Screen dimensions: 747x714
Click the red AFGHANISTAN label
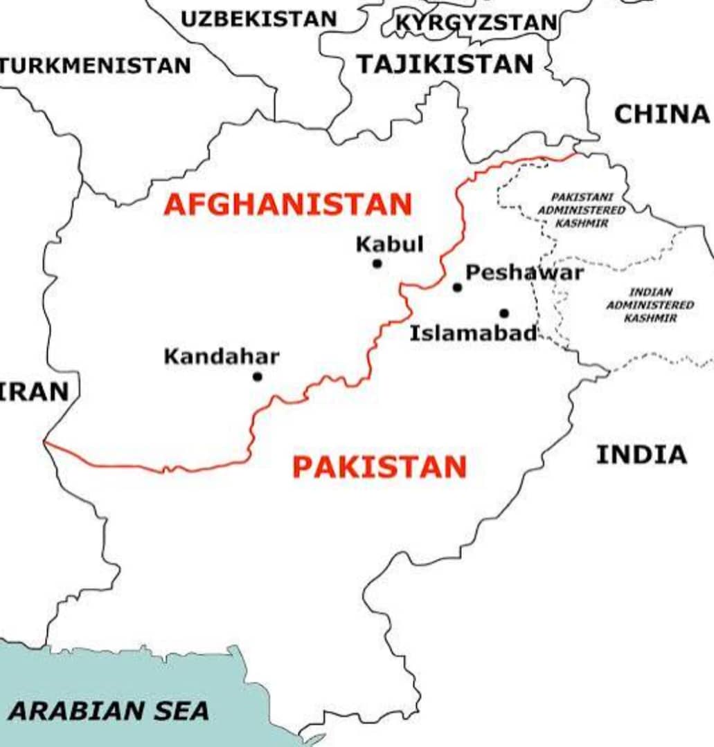[x=288, y=205]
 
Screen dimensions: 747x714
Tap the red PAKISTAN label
[x=380, y=468]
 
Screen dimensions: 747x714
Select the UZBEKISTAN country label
[x=258, y=19]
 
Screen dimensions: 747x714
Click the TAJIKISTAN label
[x=445, y=64]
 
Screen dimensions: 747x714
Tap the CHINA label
[x=662, y=114]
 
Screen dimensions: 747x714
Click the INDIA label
[x=641, y=455]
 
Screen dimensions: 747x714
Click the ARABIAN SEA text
[x=109, y=710]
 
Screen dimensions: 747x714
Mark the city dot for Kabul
[x=377, y=264]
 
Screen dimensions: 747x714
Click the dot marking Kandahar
[x=258, y=377]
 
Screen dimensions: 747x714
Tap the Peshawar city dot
[x=457, y=287]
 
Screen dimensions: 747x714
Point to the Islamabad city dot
[x=504, y=313]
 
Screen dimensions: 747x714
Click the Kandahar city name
[x=222, y=357]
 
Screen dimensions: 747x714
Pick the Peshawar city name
[x=524, y=273]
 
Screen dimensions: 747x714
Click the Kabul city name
[x=389, y=244]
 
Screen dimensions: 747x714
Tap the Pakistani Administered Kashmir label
[x=581, y=210]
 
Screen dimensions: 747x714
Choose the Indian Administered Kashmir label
[x=650, y=305]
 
